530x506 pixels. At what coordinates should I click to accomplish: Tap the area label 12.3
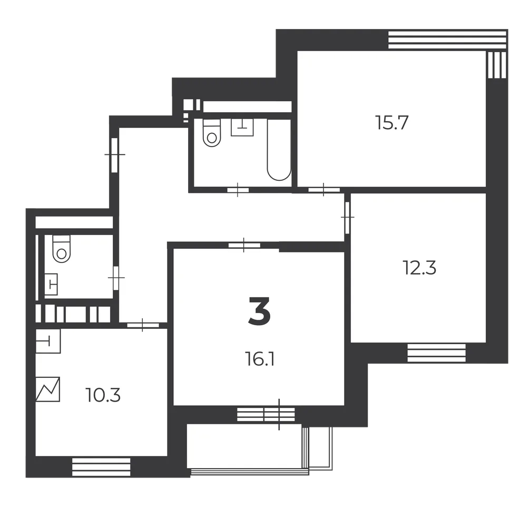pyautogui.click(x=419, y=268)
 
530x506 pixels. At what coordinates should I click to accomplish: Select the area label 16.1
pyautogui.click(x=259, y=359)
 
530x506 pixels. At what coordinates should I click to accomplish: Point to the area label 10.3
pyautogui.click(x=103, y=395)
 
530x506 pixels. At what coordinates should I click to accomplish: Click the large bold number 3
pyautogui.click(x=259, y=310)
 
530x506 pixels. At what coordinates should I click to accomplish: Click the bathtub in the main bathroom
pyautogui.click(x=279, y=149)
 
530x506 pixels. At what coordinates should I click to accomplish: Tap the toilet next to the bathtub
pyautogui.click(x=212, y=133)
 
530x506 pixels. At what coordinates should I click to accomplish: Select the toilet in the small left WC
pyautogui.click(x=62, y=249)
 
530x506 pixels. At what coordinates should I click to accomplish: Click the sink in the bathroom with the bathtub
pyautogui.click(x=242, y=127)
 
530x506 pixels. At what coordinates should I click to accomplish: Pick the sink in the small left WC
pyautogui.click(x=51, y=284)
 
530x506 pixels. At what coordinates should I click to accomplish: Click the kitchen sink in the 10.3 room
pyautogui.click(x=48, y=341)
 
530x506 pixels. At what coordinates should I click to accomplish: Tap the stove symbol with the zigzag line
pyautogui.click(x=47, y=390)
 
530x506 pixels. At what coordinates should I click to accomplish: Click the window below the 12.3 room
pyautogui.click(x=436, y=353)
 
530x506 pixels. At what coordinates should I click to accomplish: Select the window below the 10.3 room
pyautogui.click(x=101, y=467)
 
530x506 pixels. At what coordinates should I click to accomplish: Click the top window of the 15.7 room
pyautogui.click(x=447, y=40)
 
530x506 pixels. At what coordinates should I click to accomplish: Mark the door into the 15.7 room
pyautogui.click(x=324, y=190)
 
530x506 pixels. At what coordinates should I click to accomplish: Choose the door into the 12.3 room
pyautogui.click(x=348, y=217)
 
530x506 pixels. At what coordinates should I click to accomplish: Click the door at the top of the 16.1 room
pyautogui.click(x=244, y=245)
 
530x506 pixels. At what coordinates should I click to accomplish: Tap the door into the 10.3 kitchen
pyautogui.click(x=143, y=325)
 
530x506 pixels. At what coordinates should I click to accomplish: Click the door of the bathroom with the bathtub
pyautogui.click(x=238, y=190)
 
